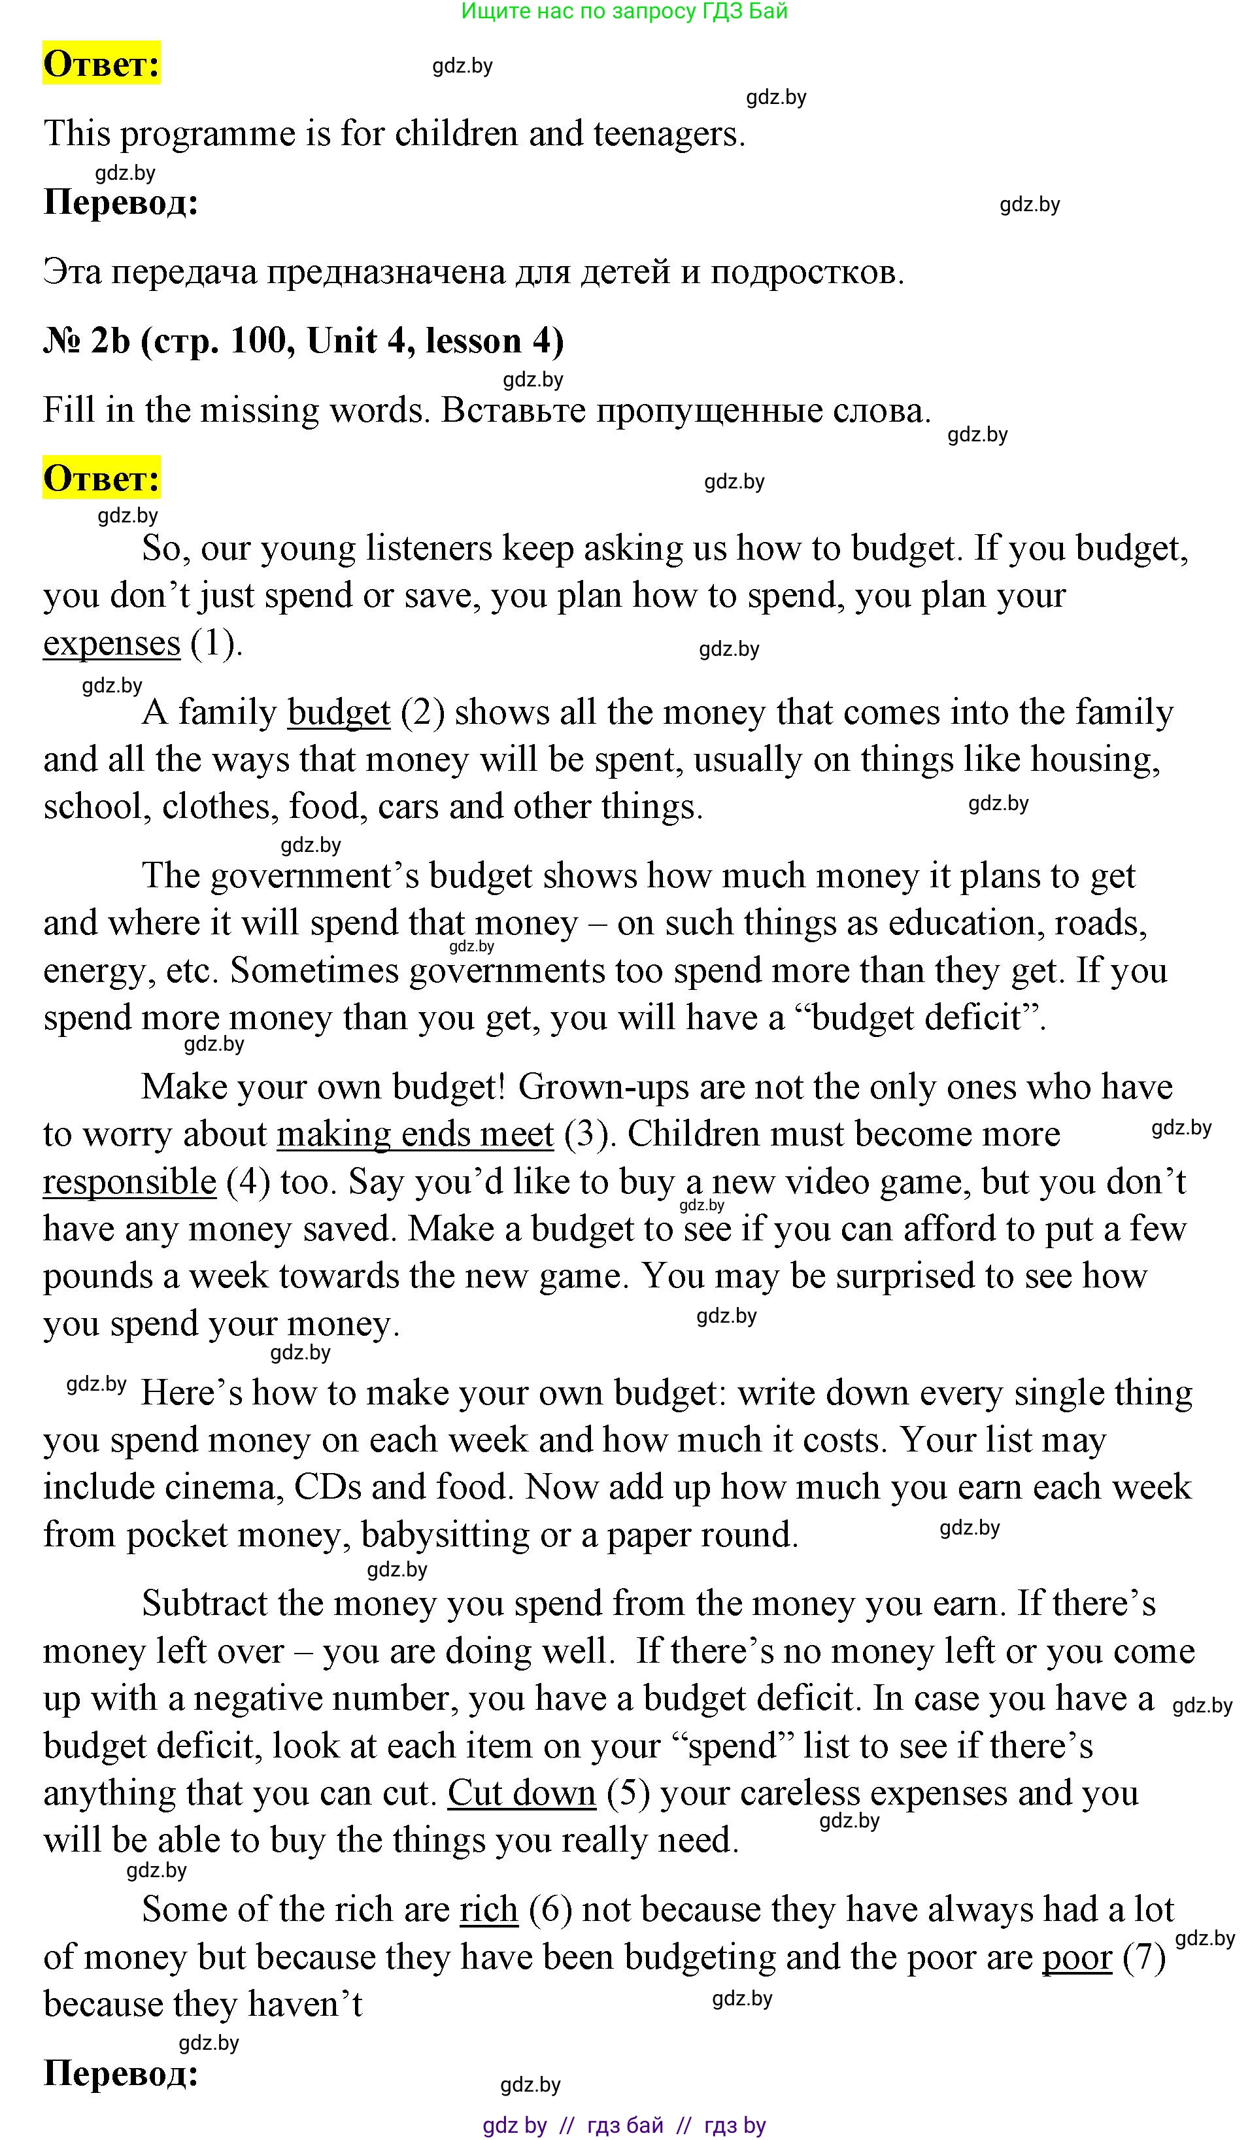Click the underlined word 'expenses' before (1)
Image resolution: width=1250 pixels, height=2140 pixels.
tap(111, 643)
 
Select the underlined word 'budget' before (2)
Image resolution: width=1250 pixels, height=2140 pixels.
tap(339, 713)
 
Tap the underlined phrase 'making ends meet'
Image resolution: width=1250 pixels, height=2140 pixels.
tap(414, 1134)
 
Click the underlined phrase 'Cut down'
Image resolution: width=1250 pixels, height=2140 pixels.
tap(522, 1793)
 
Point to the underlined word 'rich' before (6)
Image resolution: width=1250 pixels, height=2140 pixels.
tap(488, 1909)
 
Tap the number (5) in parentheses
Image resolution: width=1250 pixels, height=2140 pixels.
tap(628, 1793)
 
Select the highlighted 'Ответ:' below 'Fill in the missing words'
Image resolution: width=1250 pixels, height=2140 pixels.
tap(102, 479)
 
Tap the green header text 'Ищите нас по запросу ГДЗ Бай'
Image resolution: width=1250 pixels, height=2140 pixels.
tap(624, 11)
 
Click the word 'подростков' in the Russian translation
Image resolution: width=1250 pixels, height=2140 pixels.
tap(807, 273)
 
